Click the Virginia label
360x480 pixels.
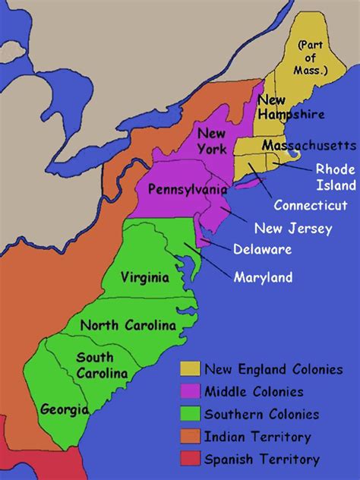point(144,277)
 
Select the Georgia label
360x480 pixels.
point(65,409)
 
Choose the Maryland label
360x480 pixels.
point(263,277)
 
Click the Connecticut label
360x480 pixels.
point(311,205)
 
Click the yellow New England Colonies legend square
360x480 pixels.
point(189,370)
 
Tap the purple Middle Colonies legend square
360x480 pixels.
point(189,392)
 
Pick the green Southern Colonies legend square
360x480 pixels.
point(189,414)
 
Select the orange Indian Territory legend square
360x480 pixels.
point(189,437)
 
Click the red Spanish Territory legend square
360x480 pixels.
point(189,459)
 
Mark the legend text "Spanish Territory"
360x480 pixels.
point(262,459)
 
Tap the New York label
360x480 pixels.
point(211,140)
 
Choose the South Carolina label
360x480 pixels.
point(96,365)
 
